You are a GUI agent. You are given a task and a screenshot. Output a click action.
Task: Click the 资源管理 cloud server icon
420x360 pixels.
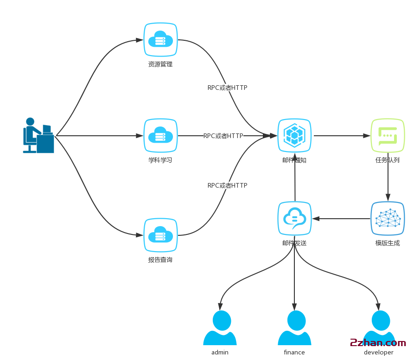click(160, 40)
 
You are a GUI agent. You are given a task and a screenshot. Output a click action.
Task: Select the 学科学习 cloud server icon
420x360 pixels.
click(160, 136)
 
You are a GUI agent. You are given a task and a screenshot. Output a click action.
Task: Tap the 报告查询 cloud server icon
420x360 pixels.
click(160, 235)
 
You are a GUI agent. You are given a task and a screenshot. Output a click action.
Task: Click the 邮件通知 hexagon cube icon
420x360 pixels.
click(294, 135)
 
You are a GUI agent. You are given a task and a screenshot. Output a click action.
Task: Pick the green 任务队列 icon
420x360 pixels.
click(388, 135)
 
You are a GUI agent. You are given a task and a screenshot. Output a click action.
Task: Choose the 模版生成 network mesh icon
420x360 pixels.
click(388, 218)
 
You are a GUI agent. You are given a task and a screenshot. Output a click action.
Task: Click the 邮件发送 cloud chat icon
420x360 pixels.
click(294, 218)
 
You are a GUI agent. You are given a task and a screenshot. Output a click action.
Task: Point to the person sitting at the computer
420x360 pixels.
click(38, 135)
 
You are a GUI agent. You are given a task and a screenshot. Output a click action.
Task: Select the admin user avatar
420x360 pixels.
click(220, 328)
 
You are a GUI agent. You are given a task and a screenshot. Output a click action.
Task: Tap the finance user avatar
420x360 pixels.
click(294, 328)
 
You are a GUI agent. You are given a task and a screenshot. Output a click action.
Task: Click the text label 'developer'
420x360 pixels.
click(378, 353)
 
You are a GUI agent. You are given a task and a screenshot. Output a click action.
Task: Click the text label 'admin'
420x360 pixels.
click(220, 353)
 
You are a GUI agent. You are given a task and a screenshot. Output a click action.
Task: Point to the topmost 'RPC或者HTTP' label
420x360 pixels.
click(227, 88)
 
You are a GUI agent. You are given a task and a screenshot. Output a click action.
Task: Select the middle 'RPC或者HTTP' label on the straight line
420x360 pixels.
click(223, 136)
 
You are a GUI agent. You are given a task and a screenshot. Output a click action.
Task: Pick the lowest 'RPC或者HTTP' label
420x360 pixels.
click(227, 185)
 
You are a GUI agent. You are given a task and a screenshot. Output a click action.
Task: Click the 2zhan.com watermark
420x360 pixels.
click(378, 343)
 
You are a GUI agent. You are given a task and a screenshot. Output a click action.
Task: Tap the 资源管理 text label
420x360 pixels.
click(160, 64)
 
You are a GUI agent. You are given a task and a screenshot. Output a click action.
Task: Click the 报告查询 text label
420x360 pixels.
click(160, 260)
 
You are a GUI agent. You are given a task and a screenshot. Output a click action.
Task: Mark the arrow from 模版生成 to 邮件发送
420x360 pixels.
click(341, 218)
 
